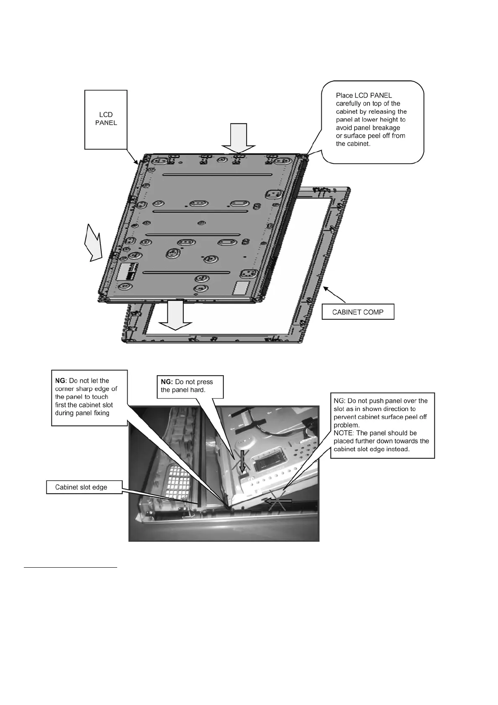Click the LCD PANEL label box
(x=106, y=119)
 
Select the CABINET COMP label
(x=358, y=312)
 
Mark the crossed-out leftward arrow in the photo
(x=277, y=500)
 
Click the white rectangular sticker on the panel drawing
(x=241, y=288)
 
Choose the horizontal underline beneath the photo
(x=70, y=568)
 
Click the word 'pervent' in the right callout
(x=345, y=417)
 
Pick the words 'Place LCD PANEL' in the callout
(x=364, y=95)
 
